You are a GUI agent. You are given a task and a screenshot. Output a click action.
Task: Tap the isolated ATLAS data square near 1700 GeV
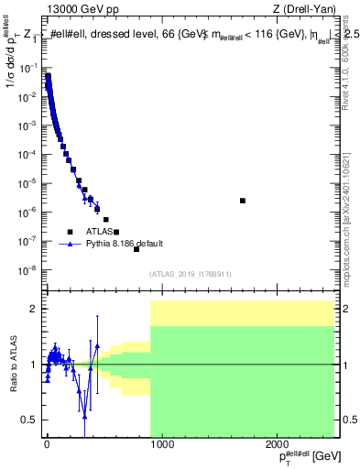[x=243, y=201]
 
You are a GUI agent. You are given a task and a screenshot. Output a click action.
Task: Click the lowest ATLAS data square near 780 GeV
[x=136, y=249]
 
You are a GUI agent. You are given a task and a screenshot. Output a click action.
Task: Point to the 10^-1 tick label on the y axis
[x=26, y=67]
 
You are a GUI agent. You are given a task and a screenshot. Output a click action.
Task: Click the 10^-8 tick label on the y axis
[x=26, y=270]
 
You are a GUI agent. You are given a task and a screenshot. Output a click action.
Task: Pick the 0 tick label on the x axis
[x=47, y=445]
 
